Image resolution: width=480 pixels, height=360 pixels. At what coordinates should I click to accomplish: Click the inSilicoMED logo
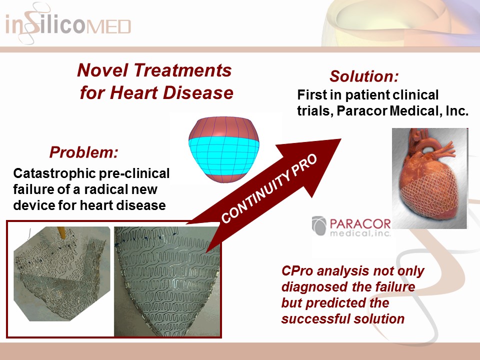[x=68, y=24]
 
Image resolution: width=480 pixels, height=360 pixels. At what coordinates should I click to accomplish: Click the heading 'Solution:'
[x=363, y=77]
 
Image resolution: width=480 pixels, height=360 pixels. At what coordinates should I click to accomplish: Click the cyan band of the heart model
[x=224, y=149]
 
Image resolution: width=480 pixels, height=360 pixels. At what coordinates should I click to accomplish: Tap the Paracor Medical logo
[x=351, y=226]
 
